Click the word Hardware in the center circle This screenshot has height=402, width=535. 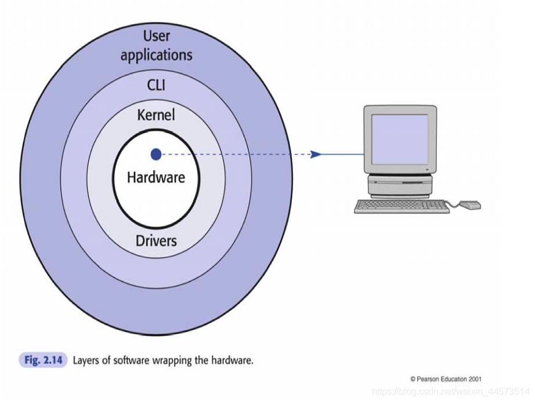click(156, 177)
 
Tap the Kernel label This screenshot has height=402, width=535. click(156, 115)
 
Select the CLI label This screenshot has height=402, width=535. click(156, 85)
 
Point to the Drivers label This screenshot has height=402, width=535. click(156, 240)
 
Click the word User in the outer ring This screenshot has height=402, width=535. click(156, 36)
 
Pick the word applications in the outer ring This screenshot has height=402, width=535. click(156, 56)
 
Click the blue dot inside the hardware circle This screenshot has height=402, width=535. click(156, 154)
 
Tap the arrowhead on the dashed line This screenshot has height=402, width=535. click(316, 154)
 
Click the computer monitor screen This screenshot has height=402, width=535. click(399, 138)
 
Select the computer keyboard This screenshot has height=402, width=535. click(402, 206)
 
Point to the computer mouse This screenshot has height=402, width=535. click(471, 204)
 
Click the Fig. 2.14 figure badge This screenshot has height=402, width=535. click(43, 360)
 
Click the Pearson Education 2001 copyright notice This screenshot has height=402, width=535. click(446, 379)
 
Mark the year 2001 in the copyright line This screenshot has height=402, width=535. click(473, 379)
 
